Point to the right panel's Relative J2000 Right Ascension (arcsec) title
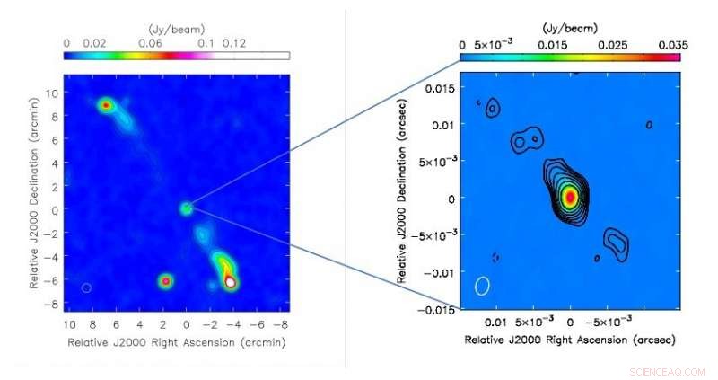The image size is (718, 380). (x=569, y=340)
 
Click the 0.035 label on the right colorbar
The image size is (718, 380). (x=670, y=43)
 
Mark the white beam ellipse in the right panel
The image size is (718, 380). (x=483, y=286)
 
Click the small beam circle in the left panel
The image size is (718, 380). (x=86, y=287)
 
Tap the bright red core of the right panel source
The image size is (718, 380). (x=569, y=197)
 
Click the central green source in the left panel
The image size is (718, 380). (x=186, y=208)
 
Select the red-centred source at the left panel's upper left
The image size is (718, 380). (x=107, y=105)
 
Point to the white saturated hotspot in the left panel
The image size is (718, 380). (x=232, y=282)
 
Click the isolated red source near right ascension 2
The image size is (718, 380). (x=165, y=281)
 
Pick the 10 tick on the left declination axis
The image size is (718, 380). (x=54, y=93)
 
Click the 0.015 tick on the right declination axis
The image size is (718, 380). (x=440, y=87)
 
